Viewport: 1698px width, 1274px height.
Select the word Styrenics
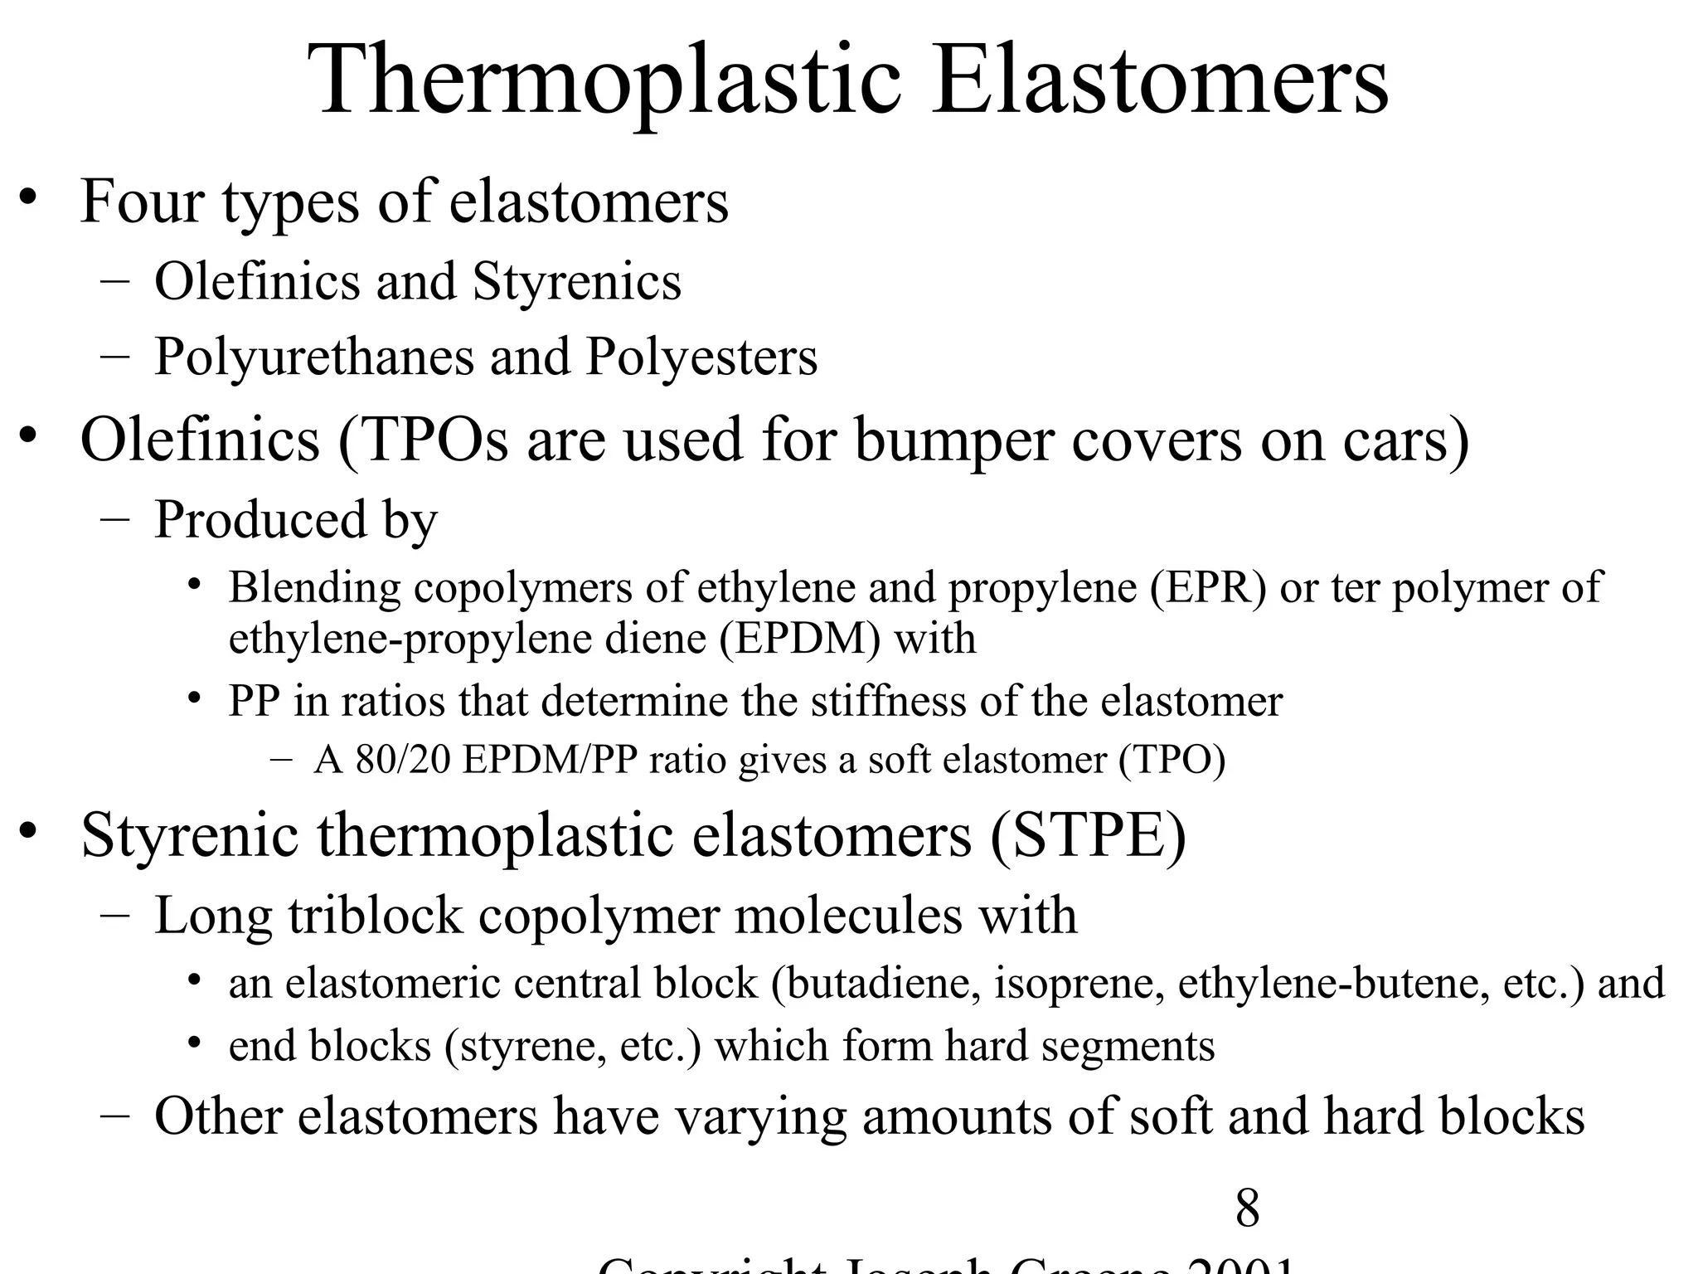click(x=576, y=281)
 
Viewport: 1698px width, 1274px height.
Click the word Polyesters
click(x=701, y=357)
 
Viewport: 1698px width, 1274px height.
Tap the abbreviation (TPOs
click(x=423, y=440)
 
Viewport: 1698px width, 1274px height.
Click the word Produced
click(x=260, y=520)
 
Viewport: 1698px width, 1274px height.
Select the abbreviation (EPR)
click(x=1208, y=588)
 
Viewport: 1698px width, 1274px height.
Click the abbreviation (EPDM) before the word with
click(x=799, y=639)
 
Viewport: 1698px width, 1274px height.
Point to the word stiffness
click(x=888, y=702)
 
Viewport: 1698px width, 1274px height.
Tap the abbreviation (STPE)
click(x=1088, y=835)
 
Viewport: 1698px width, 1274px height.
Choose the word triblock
click(x=375, y=916)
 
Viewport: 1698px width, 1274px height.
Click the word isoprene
click(x=1079, y=984)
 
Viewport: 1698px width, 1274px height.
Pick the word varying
click(x=759, y=1116)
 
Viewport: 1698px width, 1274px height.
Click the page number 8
click(x=1247, y=1208)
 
